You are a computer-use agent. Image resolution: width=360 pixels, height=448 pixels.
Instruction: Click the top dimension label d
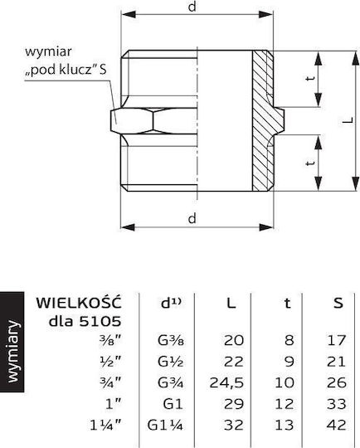pyautogui.click(x=192, y=7)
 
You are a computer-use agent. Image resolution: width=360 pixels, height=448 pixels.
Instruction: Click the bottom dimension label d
pyautogui.click(x=192, y=218)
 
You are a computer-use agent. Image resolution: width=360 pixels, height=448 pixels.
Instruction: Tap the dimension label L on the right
pyautogui.click(x=348, y=120)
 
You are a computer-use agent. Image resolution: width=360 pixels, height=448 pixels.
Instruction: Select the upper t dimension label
pyautogui.click(x=310, y=78)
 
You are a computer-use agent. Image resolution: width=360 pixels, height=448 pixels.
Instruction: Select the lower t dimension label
pyautogui.click(x=310, y=163)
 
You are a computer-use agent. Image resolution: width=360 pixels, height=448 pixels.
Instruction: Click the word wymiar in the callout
pyautogui.click(x=48, y=52)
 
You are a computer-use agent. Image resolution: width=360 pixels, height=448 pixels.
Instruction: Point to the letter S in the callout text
pyautogui.click(x=103, y=70)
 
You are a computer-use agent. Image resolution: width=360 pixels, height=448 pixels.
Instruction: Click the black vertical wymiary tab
pyautogui.click(x=12, y=342)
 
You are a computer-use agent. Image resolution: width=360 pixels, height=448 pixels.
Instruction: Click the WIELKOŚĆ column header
pyautogui.click(x=79, y=302)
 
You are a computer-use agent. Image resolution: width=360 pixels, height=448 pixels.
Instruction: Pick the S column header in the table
pyautogui.click(x=338, y=303)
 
